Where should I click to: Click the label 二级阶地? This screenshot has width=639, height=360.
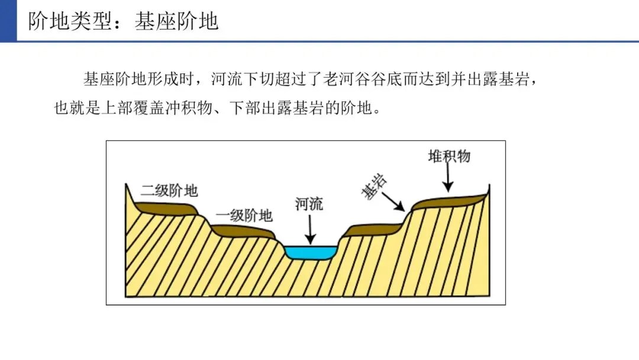(x=169, y=191)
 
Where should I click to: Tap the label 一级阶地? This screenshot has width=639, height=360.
(x=244, y=215)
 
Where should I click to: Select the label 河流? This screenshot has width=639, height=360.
(x=309, y=205)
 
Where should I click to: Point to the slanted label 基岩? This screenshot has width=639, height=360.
(x=374, y=188)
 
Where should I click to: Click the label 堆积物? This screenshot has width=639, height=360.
(x=449, y=156)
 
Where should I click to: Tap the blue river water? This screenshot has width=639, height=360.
(x=311, y=253)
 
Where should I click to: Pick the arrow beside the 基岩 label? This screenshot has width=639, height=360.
(x=394, y=202)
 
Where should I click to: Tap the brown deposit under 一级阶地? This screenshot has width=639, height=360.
(x=243, y=231)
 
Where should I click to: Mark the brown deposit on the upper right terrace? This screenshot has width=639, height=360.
(x=450, y=200)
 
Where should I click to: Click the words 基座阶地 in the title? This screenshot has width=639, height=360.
(x=176, y=22)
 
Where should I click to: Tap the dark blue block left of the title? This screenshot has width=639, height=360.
(x=8, y=21)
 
